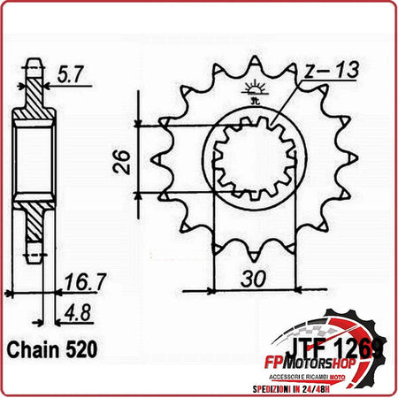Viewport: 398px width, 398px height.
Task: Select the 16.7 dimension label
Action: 79,283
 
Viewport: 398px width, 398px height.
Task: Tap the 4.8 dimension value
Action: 76,310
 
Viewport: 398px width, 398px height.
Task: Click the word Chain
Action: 36,348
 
